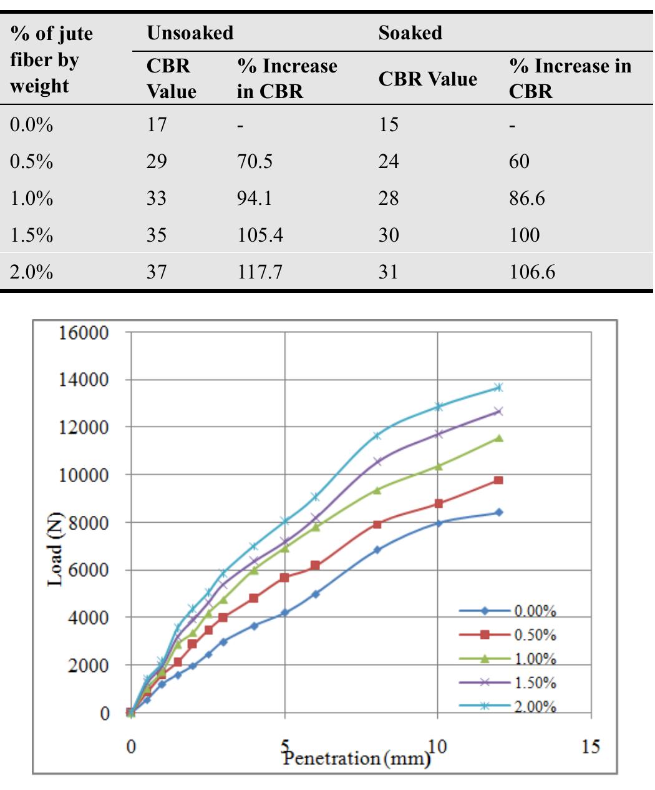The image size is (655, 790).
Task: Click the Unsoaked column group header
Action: [190, 33]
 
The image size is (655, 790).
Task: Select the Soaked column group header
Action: [410, 33]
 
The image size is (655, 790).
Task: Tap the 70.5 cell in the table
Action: [255, 162]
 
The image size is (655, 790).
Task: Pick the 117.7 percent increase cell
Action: [260, 272]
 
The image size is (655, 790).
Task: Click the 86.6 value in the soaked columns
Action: [526, 199]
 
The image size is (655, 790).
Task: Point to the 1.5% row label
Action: [31, 235]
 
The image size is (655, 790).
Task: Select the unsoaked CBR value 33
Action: [157, 199]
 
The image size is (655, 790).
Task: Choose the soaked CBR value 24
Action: [388, 162]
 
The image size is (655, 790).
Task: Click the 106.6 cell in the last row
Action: [531, 272]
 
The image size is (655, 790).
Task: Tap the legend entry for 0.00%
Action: [535, 611]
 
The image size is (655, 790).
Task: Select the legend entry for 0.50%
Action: [535, 635]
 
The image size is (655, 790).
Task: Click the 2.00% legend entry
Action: [535, 706]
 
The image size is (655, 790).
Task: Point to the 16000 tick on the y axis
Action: [84, 332]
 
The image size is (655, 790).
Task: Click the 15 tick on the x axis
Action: [591, 746]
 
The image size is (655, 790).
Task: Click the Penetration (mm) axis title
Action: [356, 759]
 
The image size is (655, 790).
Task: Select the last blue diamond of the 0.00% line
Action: [498, 512]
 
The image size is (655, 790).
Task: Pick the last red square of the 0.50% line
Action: [498, 480]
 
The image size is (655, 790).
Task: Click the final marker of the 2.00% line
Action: [498, 387]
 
